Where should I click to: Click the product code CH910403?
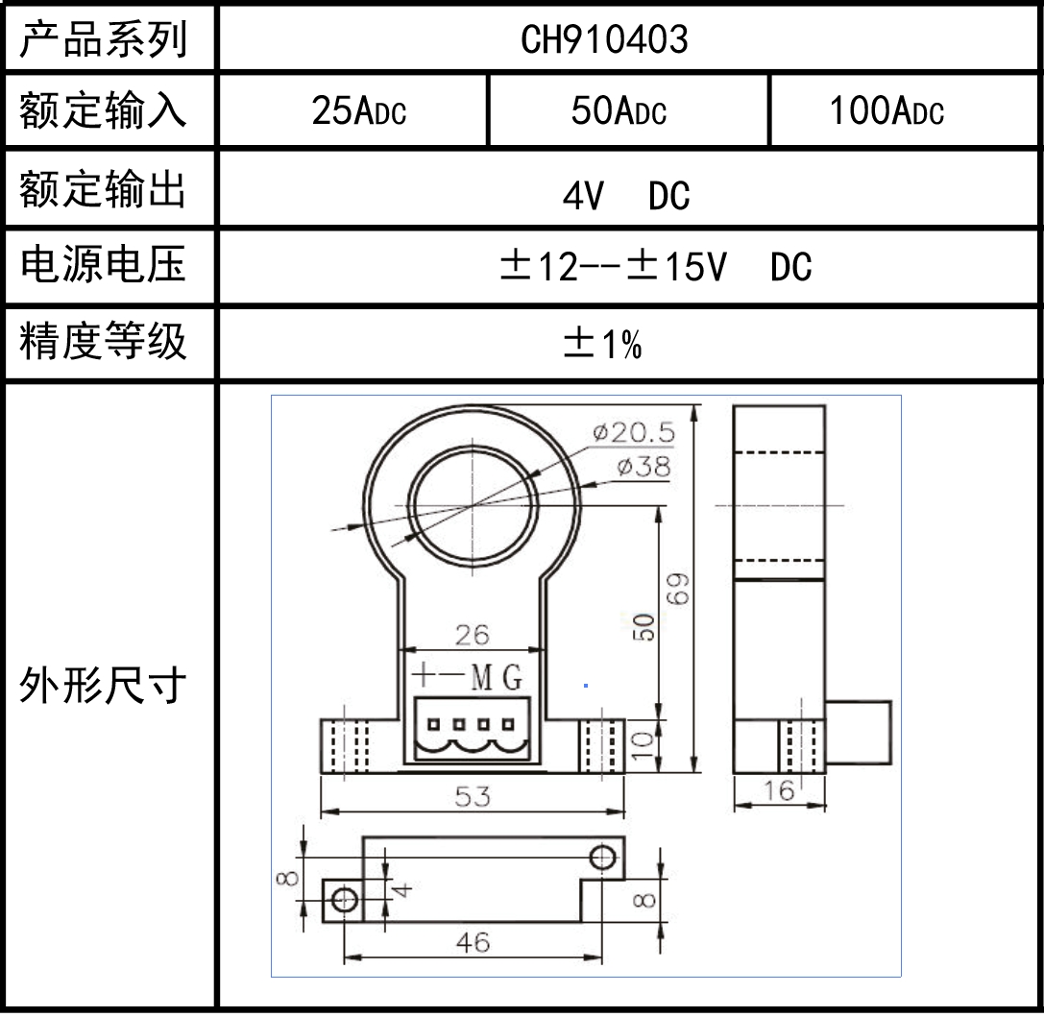(604, 39)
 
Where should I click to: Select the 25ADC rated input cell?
(358, 112)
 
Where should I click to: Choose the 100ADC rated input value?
(886, 112)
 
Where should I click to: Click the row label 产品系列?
(104, 40)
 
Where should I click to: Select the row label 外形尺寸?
(104, 687)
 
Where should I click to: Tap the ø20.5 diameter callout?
(633, 433)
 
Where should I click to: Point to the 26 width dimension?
(472, 635)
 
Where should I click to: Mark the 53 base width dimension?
(472, 796)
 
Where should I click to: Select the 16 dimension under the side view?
(781, 790)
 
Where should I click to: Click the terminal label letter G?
(513, 679)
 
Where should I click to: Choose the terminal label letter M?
(482, 679)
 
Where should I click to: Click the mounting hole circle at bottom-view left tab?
(344, 900)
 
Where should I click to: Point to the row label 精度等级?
(104, 343)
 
